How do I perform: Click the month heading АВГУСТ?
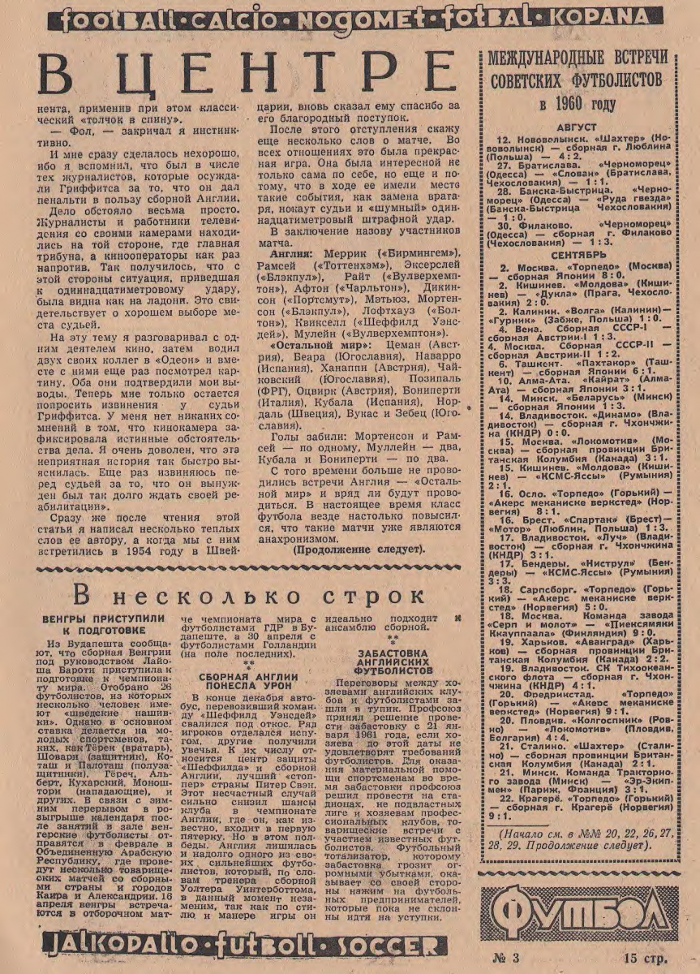pos(578,128)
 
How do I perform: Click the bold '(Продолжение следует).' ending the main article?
pos(357,549)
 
